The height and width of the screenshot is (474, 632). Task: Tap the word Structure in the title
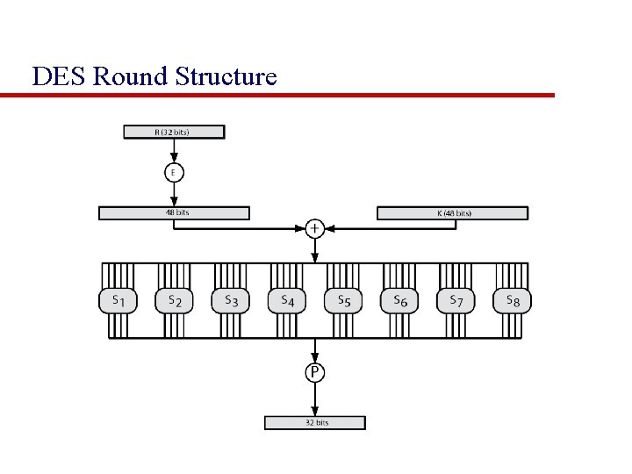point(226,77)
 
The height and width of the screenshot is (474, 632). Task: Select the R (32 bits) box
point(173,133)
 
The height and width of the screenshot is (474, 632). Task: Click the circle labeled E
point(173,173)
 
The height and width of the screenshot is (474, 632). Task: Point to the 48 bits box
point(174,212)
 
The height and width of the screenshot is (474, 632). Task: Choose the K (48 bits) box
point(452,213)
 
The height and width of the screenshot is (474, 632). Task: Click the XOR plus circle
point(315,228)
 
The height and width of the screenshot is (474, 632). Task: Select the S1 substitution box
point(118,301)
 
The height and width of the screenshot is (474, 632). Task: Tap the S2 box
point(175,301)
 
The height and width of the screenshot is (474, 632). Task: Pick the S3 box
point(231,301)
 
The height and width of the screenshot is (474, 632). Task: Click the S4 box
point(287,301)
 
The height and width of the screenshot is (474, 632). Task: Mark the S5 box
point(343,301)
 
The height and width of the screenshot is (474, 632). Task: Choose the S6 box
point(399,301)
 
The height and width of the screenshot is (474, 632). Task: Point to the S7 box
point(456,301)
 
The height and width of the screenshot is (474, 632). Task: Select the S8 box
point(512,301)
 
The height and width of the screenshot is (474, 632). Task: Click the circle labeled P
point(315,373)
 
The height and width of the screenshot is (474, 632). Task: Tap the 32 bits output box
point(315,422)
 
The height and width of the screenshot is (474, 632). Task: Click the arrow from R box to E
point(173,151)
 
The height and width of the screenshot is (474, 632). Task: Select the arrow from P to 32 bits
point(315,399)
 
